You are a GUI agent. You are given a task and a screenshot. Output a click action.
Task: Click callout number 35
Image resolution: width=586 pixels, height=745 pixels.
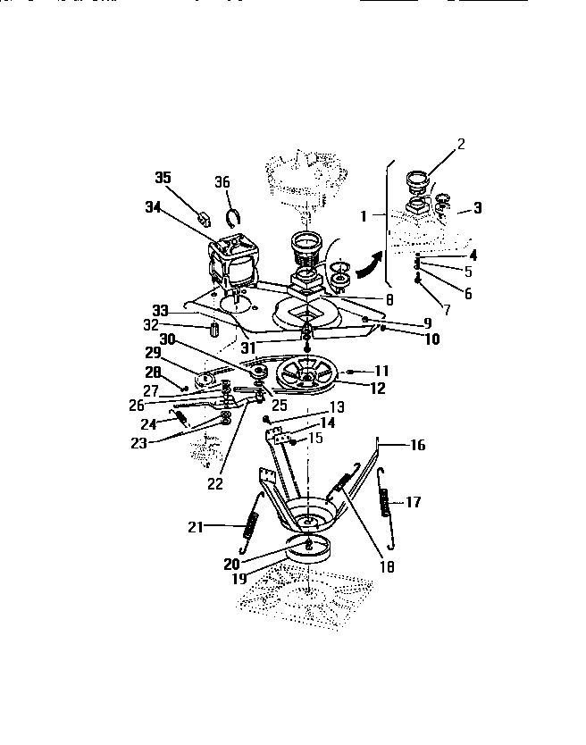tap(163, 178)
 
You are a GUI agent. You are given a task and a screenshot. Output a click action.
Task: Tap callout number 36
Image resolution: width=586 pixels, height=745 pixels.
tap(222, 183)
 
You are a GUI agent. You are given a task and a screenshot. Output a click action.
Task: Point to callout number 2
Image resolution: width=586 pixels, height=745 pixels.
tap(461, 143)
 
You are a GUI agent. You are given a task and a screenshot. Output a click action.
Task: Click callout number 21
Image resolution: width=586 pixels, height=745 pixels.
tap(198, 527)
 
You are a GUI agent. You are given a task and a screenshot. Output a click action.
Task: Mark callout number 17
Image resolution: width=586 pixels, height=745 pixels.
tap(413, 502)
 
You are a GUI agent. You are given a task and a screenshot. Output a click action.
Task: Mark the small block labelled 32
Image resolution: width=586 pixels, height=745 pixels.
tap(214, 328)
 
